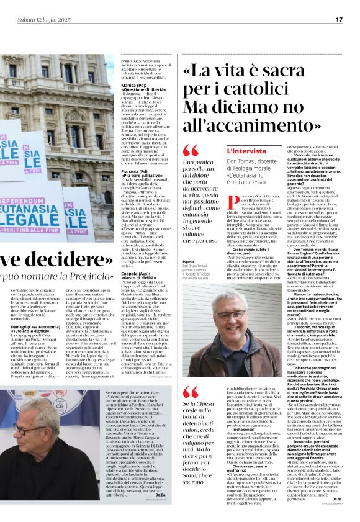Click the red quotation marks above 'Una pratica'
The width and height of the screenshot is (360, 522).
pos(191,151)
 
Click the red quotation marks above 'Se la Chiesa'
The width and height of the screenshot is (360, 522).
pos(191,392)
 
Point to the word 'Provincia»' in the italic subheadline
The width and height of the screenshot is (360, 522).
pos(92,276)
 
